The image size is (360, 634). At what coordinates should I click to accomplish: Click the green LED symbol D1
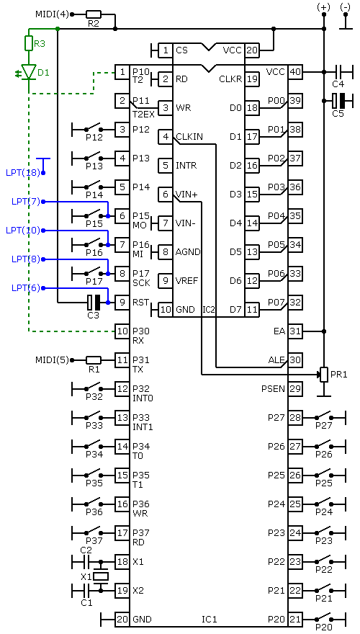tap(28, 71)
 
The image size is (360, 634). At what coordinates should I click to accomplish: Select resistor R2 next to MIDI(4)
tap(94, 14)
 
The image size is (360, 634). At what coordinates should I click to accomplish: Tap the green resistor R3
tap(28, 43)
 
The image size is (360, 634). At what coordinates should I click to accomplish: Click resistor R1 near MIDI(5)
tap(94, 360)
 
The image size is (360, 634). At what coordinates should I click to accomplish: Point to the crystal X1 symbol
tap(100, 576)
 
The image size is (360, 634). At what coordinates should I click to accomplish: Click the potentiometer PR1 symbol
tap(323, 374)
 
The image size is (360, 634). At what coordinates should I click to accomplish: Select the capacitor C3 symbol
tap(94, 302)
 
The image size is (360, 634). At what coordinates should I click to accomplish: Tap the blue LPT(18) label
tap(23, 173)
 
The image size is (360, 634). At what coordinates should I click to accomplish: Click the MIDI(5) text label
tap(52, 360)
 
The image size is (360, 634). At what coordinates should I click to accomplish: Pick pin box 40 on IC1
tap(295, 71)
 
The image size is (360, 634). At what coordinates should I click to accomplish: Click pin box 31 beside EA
tap(295, 331)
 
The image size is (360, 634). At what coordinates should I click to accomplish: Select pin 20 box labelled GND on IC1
tap(122, 619)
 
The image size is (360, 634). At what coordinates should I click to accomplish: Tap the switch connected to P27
tap(323, 416)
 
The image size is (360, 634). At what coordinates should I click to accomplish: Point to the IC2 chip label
tap(208, 311)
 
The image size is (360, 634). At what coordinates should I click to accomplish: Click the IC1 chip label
tap(210, 619)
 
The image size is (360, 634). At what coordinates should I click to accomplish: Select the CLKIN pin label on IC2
tap(189, 137)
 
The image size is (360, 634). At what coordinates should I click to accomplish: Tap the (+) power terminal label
tap(323, 6)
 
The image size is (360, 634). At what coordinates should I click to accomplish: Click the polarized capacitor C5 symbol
tap(338, 100)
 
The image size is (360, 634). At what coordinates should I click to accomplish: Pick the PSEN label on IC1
tap(274, 389)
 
